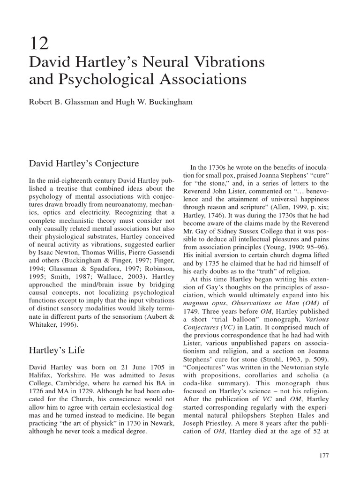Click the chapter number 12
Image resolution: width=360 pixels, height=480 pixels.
click(x=38, y=44)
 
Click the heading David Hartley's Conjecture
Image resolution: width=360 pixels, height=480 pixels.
click(x=84, y=164)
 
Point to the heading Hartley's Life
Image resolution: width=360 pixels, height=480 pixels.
click(x=58, y=350)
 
